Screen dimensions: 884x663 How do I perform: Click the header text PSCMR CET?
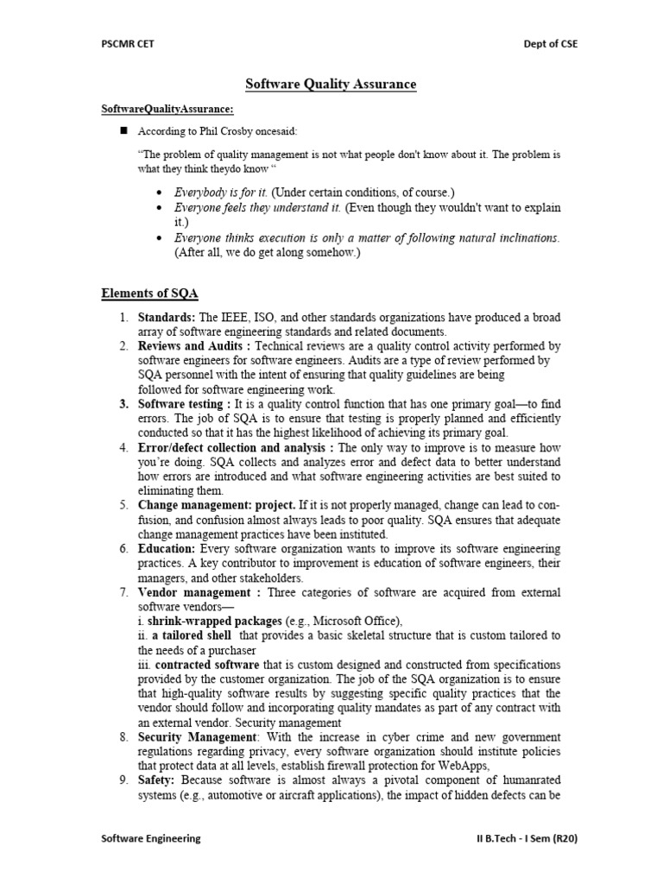127,45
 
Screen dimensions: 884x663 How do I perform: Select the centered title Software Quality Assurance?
331,85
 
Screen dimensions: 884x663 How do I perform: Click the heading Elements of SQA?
149,295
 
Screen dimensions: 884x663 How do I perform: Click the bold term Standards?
167,319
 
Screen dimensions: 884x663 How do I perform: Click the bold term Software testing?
184,404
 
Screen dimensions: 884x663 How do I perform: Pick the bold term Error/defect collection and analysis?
236,447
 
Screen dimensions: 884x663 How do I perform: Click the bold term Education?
167,549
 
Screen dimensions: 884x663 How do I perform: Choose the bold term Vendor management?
199,592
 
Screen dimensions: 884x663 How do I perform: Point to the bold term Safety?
156,781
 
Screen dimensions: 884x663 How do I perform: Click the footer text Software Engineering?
151,838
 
